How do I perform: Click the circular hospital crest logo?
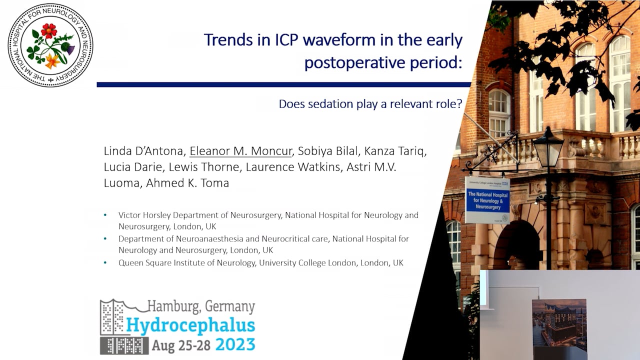coord(50,45)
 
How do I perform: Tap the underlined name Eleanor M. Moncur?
coord(240,151)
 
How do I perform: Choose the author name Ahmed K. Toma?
coord(187,183)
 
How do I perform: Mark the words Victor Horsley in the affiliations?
coord(145,215)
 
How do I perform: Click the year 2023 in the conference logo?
coord(235,344)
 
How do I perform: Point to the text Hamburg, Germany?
coord(200,306)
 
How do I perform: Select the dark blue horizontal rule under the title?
coord(283,84)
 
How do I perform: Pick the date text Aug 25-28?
coord(181,345)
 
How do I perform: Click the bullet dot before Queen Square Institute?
coord(105,262)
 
